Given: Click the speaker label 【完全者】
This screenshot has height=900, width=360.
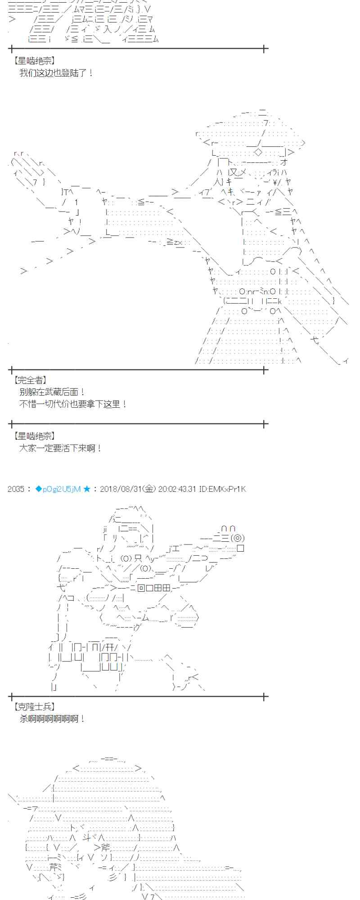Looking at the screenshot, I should click(x=30, y=380).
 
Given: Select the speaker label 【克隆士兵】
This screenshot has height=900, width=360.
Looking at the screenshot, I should click(x=34, y=707).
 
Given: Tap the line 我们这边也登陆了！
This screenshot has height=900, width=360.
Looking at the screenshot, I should click(x=56, y=72).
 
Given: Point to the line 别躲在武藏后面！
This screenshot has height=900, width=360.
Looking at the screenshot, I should click(x=52, y=392).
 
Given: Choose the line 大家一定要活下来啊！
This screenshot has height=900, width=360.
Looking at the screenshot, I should click(x=60, y=448).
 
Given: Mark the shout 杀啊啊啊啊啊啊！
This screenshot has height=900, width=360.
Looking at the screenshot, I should click(x=52, y=719).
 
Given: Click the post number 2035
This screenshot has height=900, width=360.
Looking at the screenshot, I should click(x=16, y=489).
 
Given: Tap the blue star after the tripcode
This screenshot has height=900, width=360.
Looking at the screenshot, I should click(x=87, y=489).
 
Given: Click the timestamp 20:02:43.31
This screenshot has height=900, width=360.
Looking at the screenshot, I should click(x=177, y=489).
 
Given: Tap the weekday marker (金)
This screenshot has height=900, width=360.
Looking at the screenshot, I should click(x=150, y=489).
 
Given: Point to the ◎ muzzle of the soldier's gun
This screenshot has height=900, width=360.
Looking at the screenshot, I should click(x=237, y=538).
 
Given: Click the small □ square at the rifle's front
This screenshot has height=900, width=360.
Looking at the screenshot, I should click(x=240, y=548).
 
